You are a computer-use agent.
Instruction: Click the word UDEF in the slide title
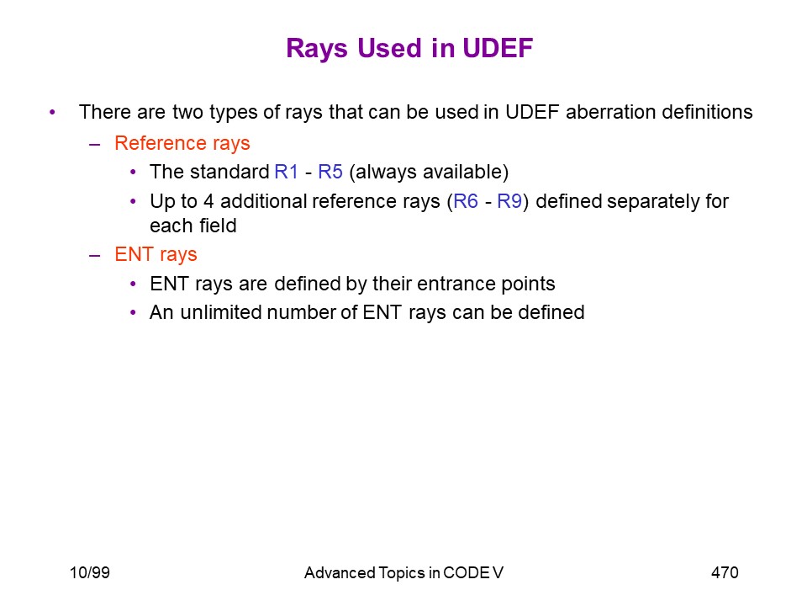click(x=497, y=48)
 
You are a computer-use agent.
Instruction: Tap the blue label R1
click(x=286, y=172)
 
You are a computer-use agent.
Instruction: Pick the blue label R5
click(x=330, y=172)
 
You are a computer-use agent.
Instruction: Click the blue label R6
click(x=465, y=201)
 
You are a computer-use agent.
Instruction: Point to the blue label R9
click(x=509, y=201)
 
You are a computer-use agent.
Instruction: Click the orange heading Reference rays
click(x=182, y=143)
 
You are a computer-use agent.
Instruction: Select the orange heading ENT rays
click(x=156, y=254)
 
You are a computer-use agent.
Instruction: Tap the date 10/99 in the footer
click(x=90, y=572)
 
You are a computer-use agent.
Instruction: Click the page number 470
click(x=725, y=572)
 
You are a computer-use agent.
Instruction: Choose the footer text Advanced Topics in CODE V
click(x=403, y=572)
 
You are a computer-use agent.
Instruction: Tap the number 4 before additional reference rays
click(x=208, y=201)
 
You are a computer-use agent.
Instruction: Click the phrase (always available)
click(x=429, y=172)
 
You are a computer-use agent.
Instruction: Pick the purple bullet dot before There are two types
click(x=52, y=112)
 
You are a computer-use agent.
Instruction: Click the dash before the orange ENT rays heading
click(x=95, y=255)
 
